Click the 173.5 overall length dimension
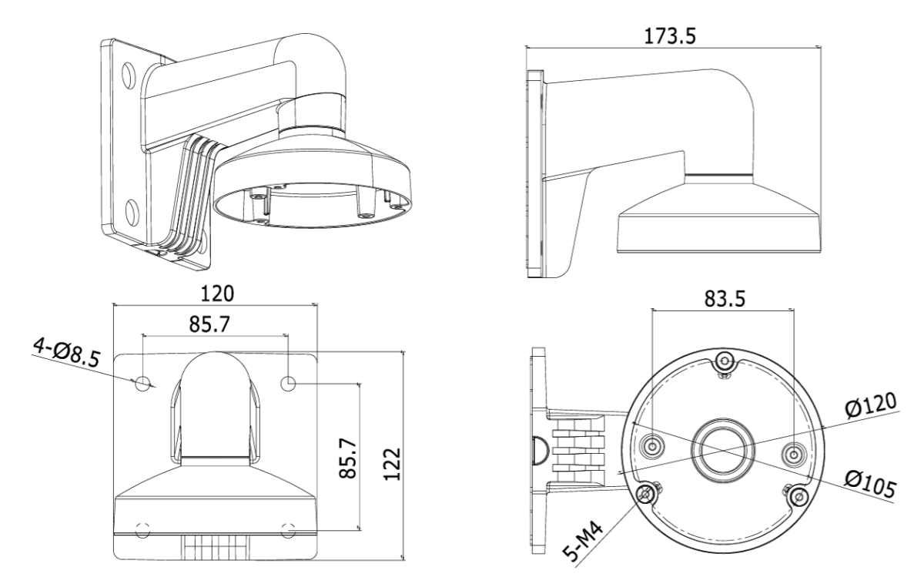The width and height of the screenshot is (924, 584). pyautogui.click(x=670, y=34)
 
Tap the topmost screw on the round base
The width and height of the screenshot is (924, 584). pyautogui.click(x=722, y=361)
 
